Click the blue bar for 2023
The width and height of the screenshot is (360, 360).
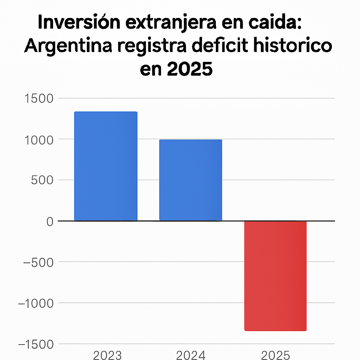[106, 166]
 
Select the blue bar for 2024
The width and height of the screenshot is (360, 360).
[191, 180]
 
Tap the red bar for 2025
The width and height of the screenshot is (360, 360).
[275, 276]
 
